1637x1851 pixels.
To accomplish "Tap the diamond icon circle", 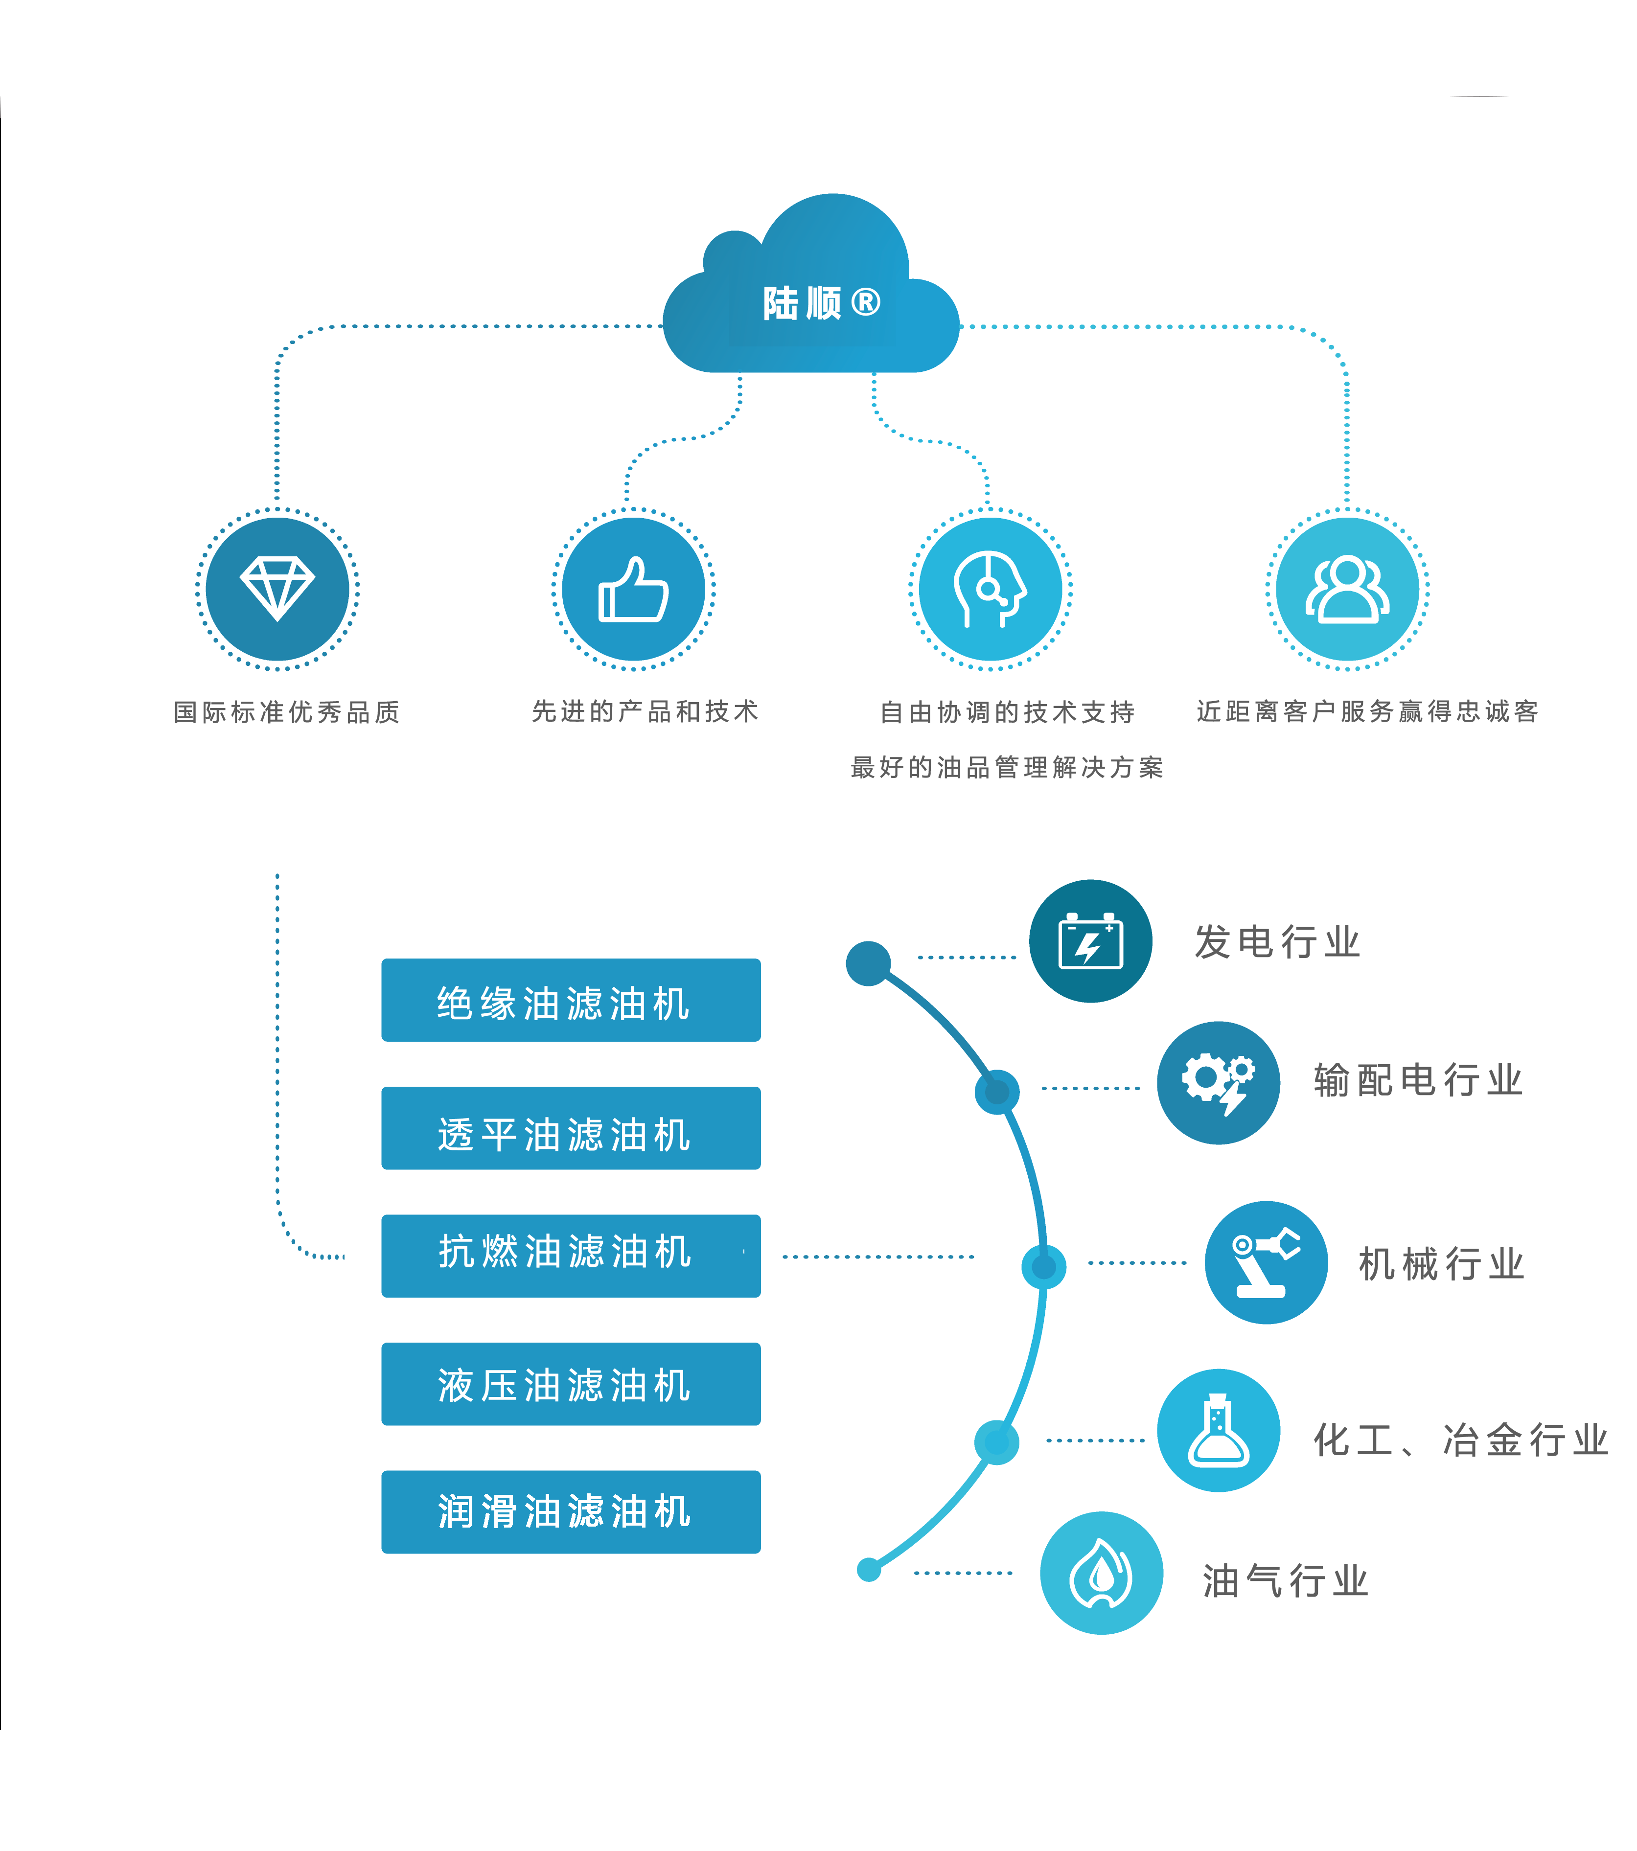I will click(277, 590).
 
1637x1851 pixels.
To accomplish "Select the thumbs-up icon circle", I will click(633, 590).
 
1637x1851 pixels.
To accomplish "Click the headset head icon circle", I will click(990, 590).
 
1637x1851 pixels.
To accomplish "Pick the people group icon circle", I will click(1347, 590).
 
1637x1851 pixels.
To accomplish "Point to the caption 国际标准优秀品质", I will click(286, 712).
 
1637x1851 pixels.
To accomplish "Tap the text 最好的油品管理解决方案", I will click(1007, 767).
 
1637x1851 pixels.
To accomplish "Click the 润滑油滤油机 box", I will click(571, 1512).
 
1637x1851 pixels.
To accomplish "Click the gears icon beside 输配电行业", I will click(1219, 1083).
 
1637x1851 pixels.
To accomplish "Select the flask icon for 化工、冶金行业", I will click(1219, 1431).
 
